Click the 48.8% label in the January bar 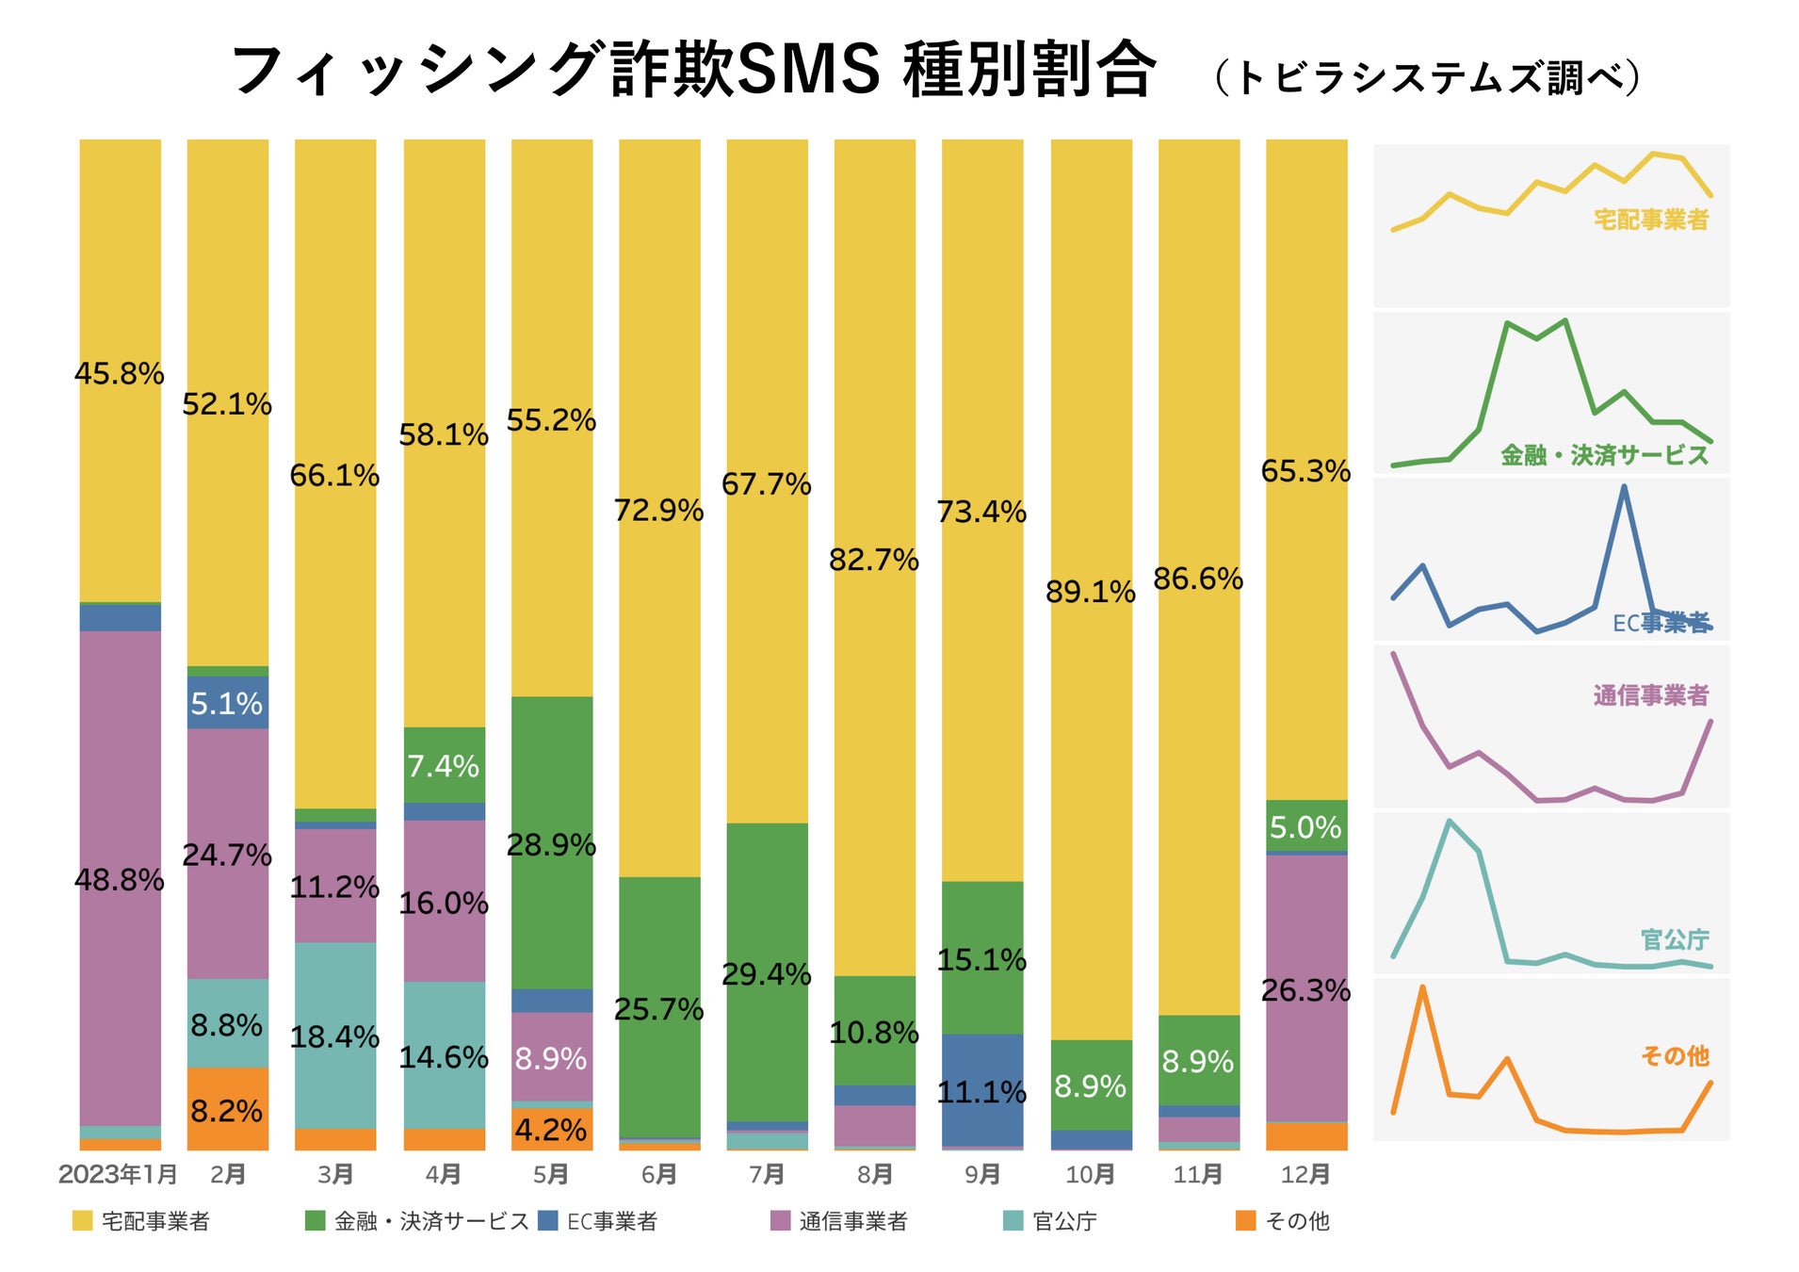click(120, 880)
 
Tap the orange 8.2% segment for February click(227, 1109)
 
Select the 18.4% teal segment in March click(335, 1036)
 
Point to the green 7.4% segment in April click(444, 764)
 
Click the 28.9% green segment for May click(551, 843)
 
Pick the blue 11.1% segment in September click(981, 1090)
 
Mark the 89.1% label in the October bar click(1091, 592)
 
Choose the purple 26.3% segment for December click(1305, 989)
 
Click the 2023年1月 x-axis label click(118, 1174)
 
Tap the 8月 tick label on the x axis click(874, 1174)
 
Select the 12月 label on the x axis click(1305, 1174)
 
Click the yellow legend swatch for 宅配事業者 click(83, 1221)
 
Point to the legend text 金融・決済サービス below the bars click(431, 1221)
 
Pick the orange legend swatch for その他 click(1245, 1221)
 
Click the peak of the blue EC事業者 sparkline click(1624, 487)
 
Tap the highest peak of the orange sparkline click(1421, 987)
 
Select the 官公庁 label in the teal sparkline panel click(1674, 939)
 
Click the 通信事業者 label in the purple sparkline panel click(1650, 695)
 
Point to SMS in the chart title click(808, 70)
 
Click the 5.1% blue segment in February click(227, 703)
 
